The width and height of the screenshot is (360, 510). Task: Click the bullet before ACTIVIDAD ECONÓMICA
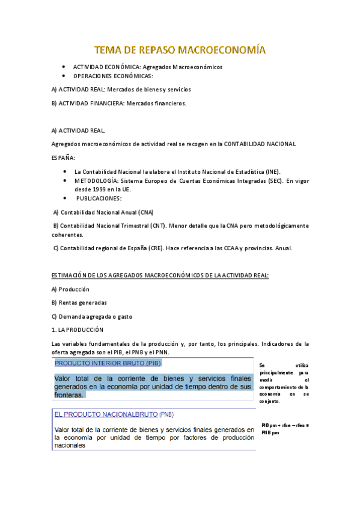[64, 67]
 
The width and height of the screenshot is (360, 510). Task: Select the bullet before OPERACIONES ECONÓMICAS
[64, 76]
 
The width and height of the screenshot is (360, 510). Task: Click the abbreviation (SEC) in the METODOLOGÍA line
[275, 180]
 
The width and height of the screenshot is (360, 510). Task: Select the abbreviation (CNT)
[151, 226]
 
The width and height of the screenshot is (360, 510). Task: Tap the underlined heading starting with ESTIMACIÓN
[160, 275]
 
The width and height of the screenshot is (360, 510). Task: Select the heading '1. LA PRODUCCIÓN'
[78, 330]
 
